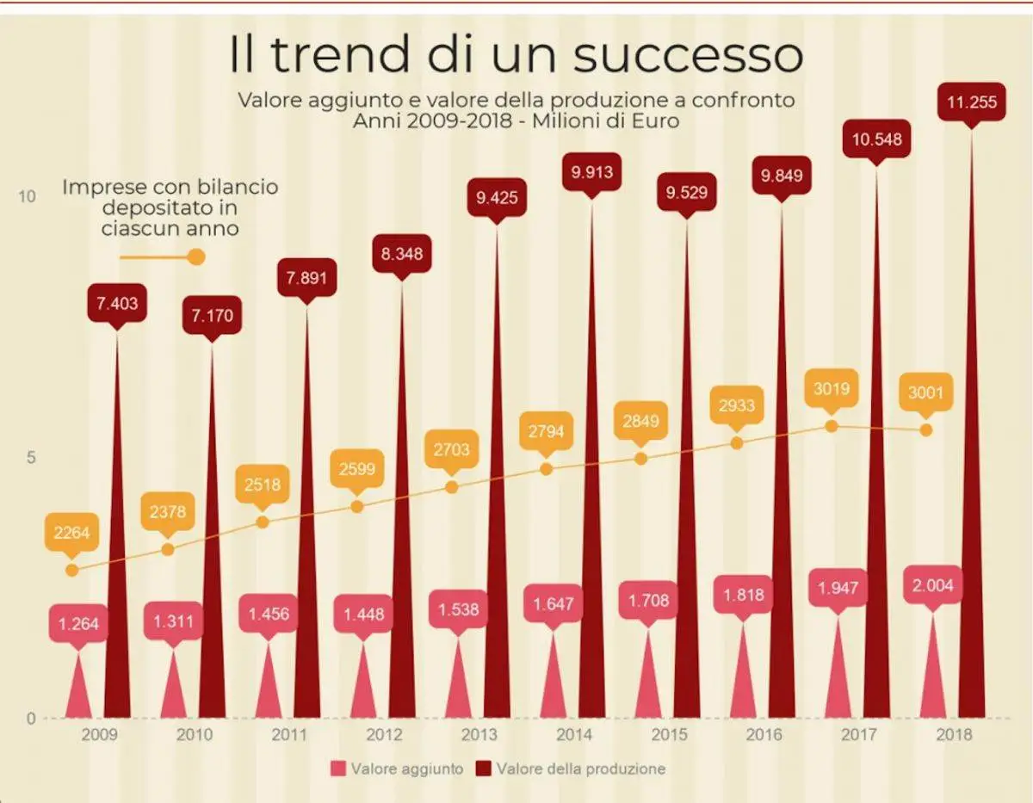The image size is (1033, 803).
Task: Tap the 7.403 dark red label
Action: [117, 303]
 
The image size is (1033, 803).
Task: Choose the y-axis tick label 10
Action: [28, 197]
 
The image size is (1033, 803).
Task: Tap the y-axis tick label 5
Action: [30, 457]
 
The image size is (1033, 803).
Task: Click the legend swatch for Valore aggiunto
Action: [338, 769]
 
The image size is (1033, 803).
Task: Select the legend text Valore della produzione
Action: [580, 769]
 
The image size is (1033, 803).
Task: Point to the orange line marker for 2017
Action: [832, 426]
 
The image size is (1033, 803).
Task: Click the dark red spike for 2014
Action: [591, 516]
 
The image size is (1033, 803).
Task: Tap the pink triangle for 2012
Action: [363, 684]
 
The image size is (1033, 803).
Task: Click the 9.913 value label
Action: [592, 172]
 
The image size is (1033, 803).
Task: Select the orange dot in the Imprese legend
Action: [196, 256]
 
